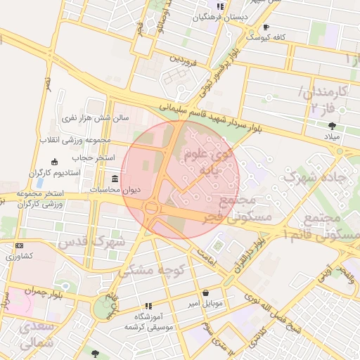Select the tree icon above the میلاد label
point(332,126)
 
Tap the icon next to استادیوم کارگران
point(65,163)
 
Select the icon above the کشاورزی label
point(18,245)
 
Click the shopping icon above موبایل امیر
point(205,293)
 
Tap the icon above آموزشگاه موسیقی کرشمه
point(148,306)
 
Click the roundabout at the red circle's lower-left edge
point(150,207)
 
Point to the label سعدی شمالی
point(34,337)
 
